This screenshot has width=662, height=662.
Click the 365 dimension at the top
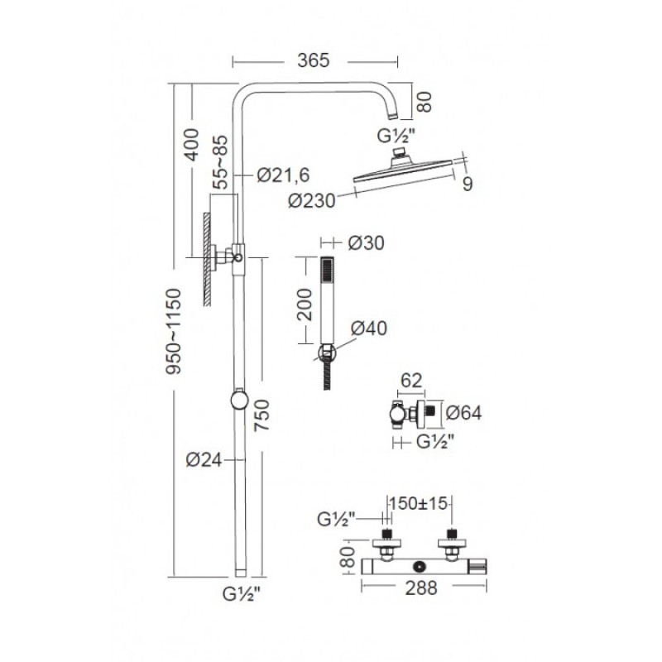click(313, 60)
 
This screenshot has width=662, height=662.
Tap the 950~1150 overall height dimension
click(173, 332)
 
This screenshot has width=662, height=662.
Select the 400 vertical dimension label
click(192, 144)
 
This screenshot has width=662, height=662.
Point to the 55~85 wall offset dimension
click(220, 162)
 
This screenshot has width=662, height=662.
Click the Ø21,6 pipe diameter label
click(283, 175)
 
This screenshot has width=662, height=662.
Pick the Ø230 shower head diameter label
click(312, 200)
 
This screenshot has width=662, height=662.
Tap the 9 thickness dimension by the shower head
click(468, 184)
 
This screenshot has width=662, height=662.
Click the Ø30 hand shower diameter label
click(366, 243)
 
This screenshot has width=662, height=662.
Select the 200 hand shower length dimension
click(305, 305)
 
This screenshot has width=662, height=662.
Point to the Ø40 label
click(368, 328)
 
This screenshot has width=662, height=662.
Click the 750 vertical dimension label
click(261, 415)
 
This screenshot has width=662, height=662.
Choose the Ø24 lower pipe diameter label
click(204, 460)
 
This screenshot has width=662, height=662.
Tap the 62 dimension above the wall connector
click(411, 381)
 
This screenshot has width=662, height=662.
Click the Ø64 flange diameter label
click(463, 413)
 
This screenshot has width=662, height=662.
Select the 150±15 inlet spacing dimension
click(418, 503)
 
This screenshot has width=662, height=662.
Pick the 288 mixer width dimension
click(421, 588)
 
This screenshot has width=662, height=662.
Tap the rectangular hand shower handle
click(328, 300)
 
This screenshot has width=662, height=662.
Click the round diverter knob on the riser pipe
click(239, 400)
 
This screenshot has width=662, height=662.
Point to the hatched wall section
click(207, 259)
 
